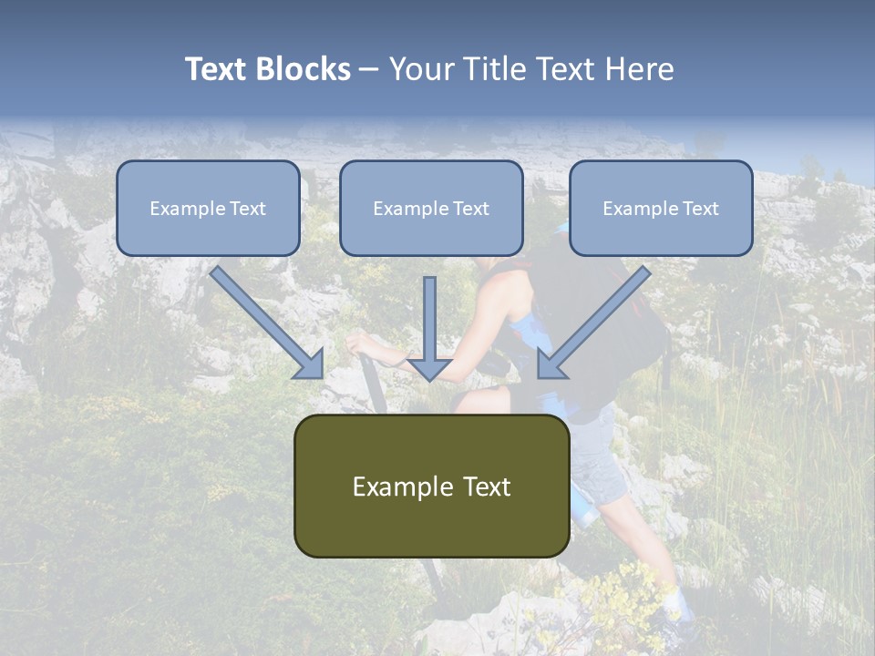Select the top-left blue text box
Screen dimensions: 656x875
(208, 209)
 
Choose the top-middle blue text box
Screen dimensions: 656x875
(431, 209)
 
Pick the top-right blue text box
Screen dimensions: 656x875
(661, 209)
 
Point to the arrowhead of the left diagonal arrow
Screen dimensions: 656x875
(310, 364)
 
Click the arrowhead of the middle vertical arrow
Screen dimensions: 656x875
(429, 369)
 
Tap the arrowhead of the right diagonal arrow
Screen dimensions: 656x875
(551, 364)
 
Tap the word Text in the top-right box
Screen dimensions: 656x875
(700, 209)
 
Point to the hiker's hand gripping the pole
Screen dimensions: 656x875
(359, 343)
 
